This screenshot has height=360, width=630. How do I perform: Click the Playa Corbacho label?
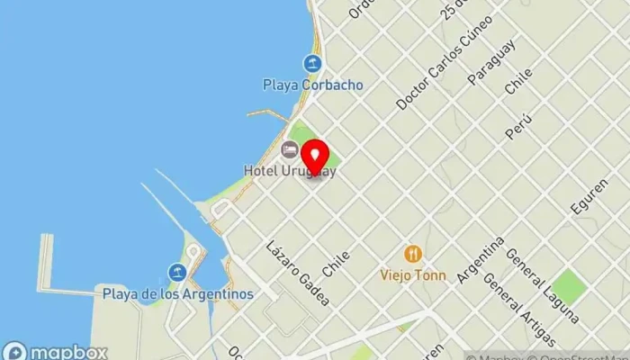coord(312,85)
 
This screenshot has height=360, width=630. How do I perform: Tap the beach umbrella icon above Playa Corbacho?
coord(312,63)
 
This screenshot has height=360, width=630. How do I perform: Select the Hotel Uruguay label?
coord(290,170)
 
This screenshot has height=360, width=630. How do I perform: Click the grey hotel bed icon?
coord(290,149)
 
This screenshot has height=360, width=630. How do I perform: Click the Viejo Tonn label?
coord(413,275)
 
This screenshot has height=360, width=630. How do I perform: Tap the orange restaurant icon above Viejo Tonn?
coord(413,254)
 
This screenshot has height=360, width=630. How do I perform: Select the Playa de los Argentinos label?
coord(177,293)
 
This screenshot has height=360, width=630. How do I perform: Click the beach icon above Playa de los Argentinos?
coord(177,272)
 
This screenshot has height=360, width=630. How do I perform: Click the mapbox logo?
coord(56,352)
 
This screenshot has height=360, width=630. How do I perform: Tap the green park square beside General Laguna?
coord(569,287)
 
